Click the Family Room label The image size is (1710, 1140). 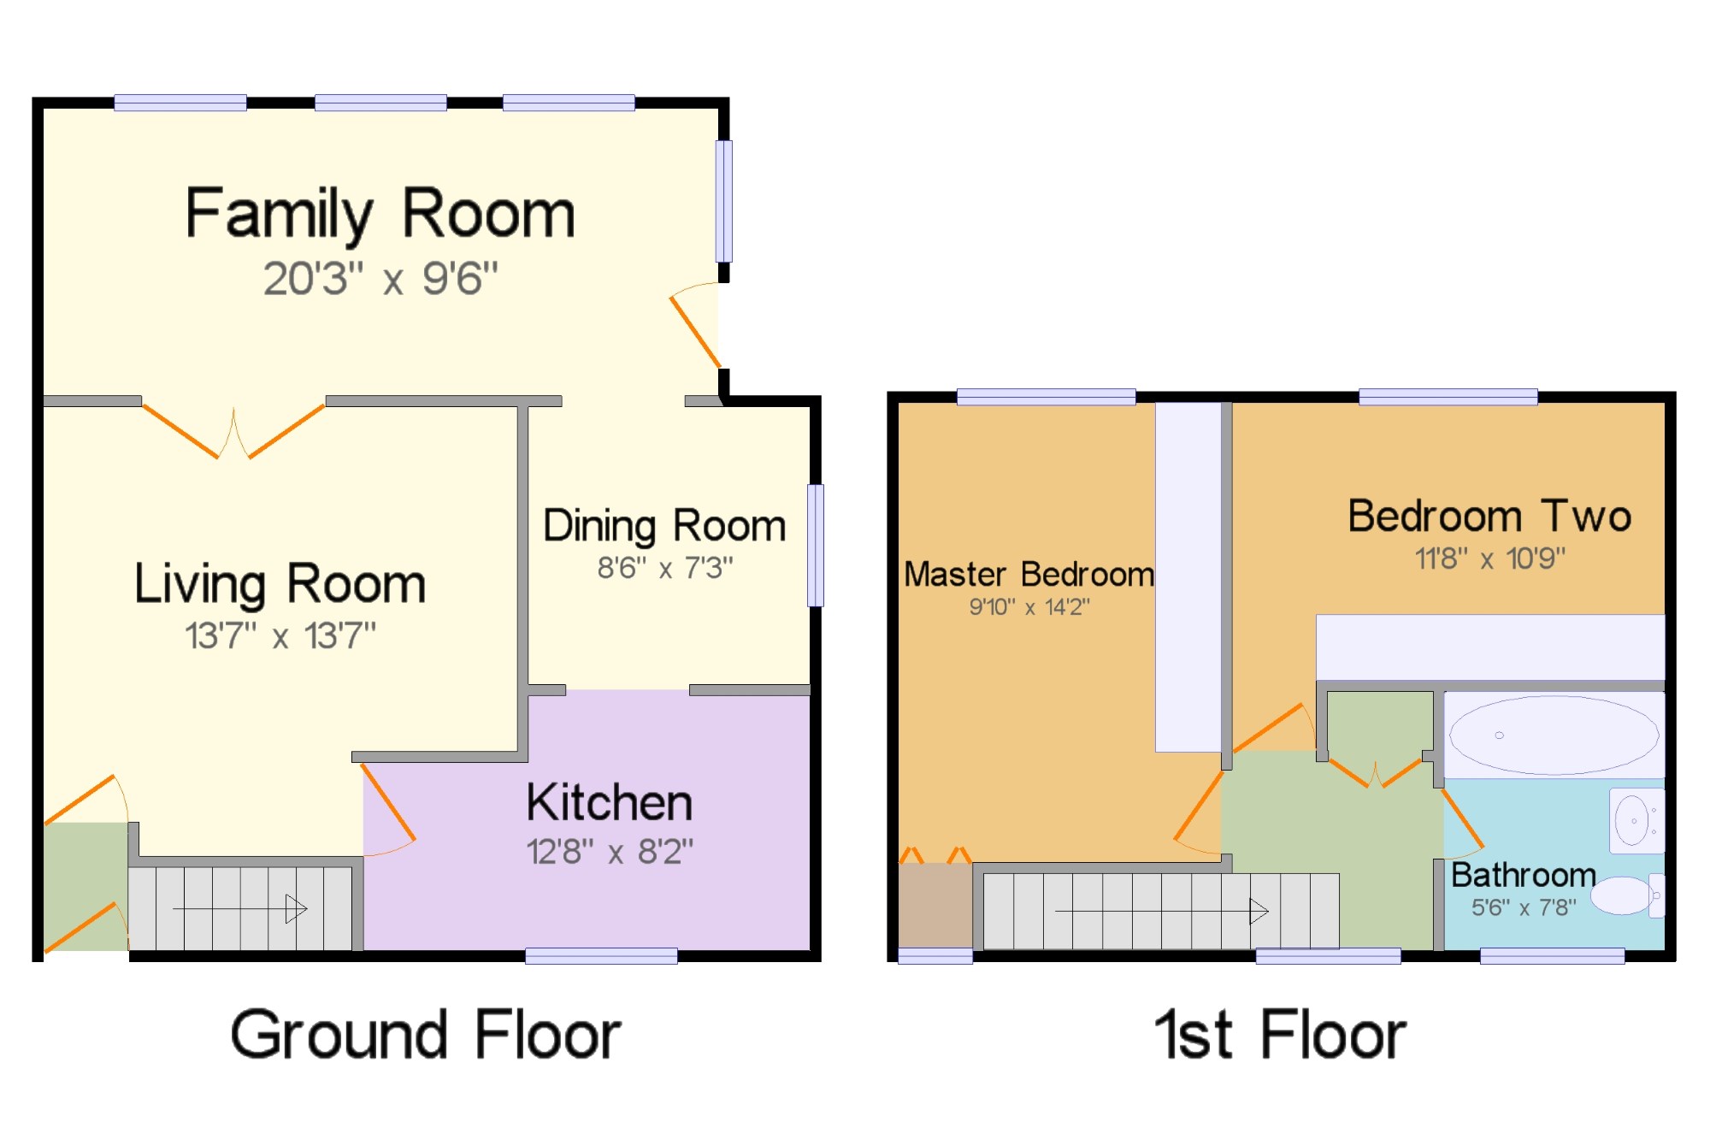click(x=380, y=214)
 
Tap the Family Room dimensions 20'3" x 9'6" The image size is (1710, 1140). click(x=380, y=279)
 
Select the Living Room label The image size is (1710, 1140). click(x=280, y=585)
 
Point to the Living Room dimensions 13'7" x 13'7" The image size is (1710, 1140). click(x=280, y=635)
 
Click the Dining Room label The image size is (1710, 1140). click(x=665, y=526)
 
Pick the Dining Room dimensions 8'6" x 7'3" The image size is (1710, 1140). click(x=665, y=567)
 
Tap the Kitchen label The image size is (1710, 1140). click(x=610, y=803)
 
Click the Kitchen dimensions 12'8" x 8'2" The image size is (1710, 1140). click(x=610, y=852)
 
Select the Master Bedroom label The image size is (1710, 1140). click(x=1029, y=575)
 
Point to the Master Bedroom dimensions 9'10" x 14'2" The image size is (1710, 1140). click(x=1029, y=607)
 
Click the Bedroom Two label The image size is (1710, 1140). click(x=1490, y=517)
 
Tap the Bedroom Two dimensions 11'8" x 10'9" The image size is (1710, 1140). click(x=1490, y=558)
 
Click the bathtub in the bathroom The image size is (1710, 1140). click(x=1554, y=735)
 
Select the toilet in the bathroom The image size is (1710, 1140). click(x=1628, y=895)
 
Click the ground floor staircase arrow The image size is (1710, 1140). click(x=240, y=908)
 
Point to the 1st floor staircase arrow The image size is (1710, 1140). click(x=1162, y=911)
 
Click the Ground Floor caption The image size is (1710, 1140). click(x=426, y=1035)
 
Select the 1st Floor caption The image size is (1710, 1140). click(x=1280, y=1035)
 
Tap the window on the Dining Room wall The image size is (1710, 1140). click(x=817, y=546)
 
